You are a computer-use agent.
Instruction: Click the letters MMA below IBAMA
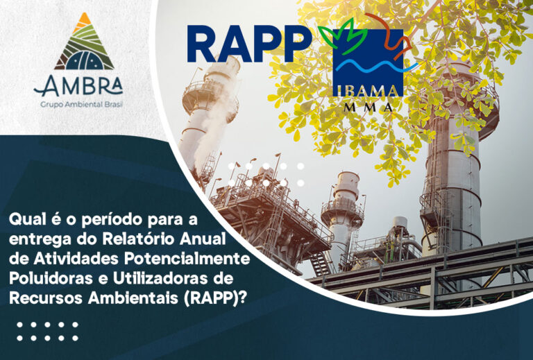point(368,108)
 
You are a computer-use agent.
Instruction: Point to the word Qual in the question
point(26,221)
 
